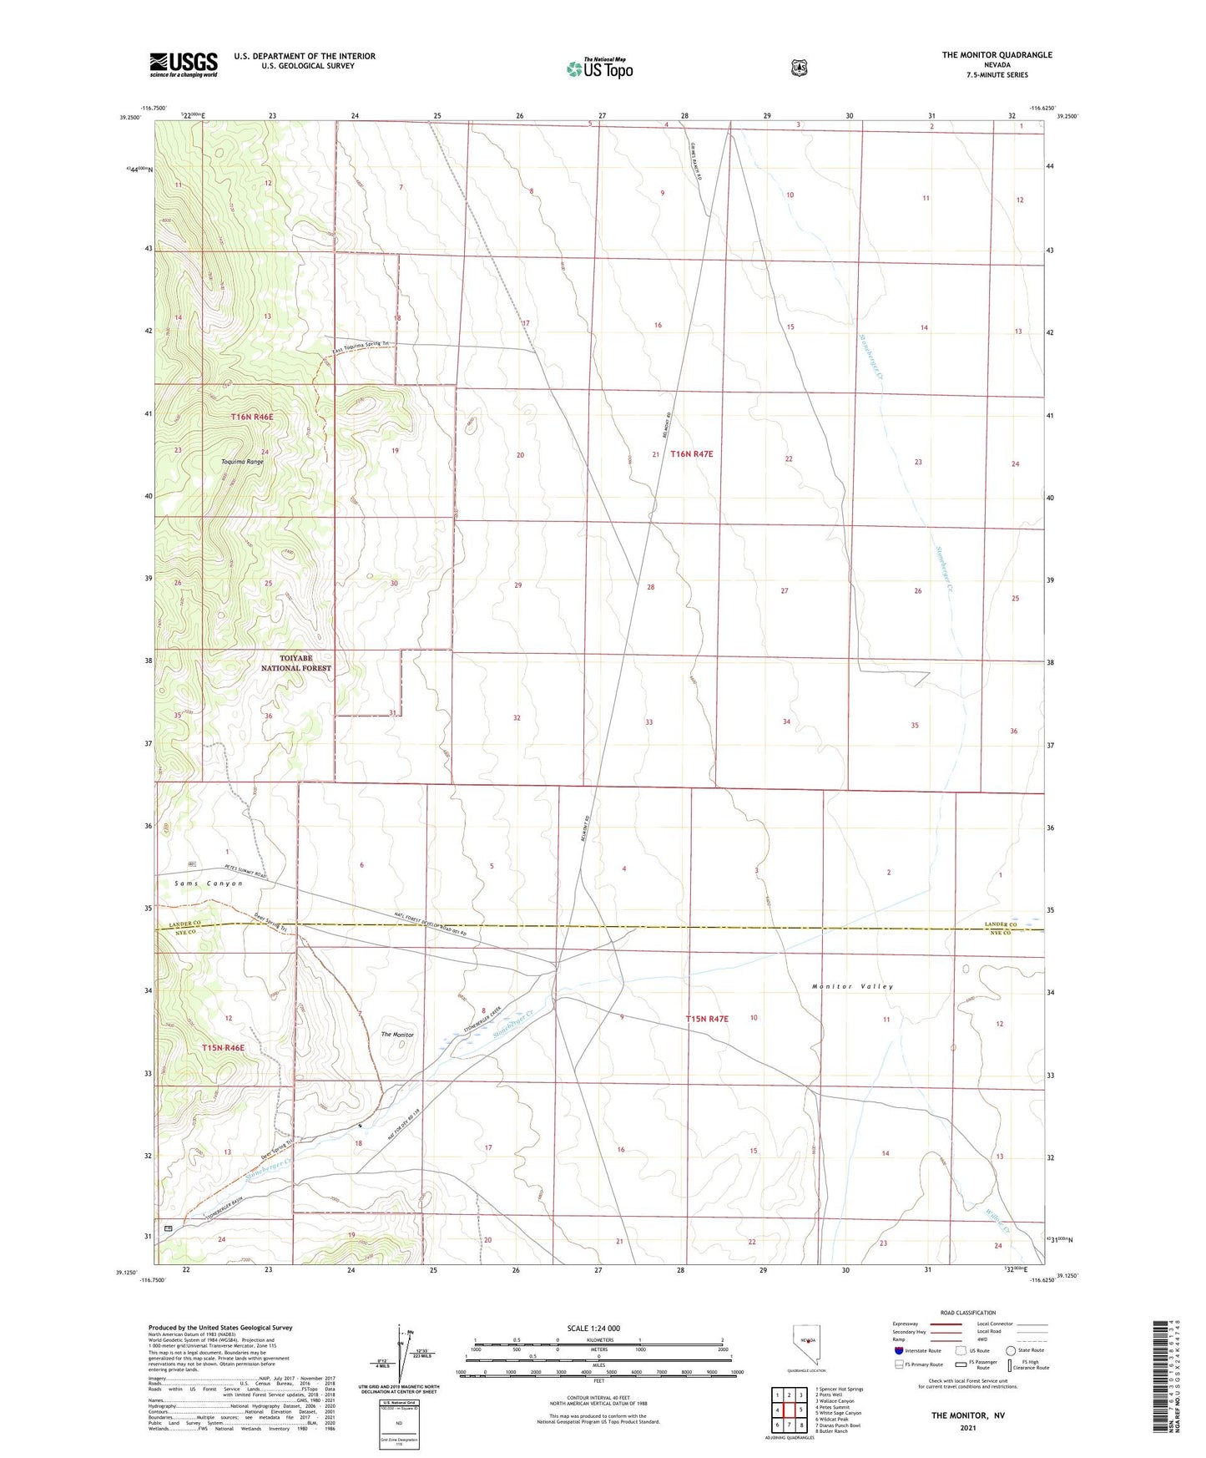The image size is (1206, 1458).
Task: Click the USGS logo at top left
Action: tap(184, 64)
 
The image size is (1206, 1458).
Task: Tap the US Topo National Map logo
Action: tap(599, 68)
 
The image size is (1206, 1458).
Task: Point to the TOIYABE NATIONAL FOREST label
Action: tap(295, 663)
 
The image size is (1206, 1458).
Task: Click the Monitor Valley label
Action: tap(852, 986)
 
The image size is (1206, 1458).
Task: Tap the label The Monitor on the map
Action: tap(397, 1035)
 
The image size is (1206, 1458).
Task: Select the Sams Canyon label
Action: tap(209, 883)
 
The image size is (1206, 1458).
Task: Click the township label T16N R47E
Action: tap(693, 453)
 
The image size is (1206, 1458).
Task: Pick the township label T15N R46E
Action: tap(223, 1047)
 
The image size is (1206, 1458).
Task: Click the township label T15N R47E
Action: tap(707, 1019)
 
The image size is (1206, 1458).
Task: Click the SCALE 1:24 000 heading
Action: tap(593, 1328)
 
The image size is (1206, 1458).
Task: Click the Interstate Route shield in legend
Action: tap(898, 1350)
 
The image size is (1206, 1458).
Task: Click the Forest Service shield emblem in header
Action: tap(800, 68)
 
